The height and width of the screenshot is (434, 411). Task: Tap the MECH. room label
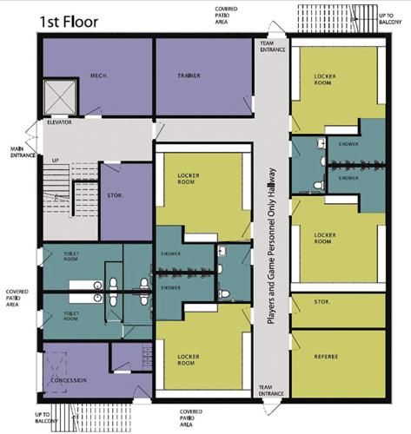tap(97, 76)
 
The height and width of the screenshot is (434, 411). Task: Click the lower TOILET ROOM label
tap(72, 315)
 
